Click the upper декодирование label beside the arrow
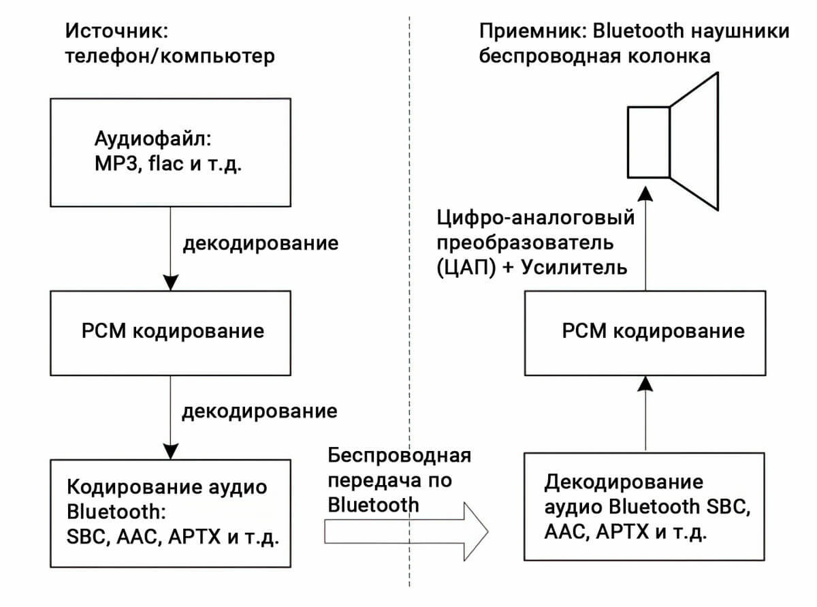tap(260, 243)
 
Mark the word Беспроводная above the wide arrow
tap(400, 456)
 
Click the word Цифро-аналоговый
tap(536, 218)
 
